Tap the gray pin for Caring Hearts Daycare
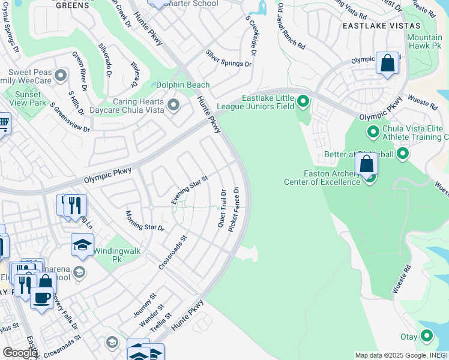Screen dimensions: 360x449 point(173,106)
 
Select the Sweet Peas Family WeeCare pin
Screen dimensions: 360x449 point(60,76)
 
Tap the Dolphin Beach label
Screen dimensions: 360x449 point(183,85)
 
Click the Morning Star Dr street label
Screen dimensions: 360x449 point(144,220)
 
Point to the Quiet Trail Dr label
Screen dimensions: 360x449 point(221,208)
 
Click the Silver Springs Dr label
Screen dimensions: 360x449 point(228,59)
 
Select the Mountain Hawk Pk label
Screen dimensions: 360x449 point(424,41)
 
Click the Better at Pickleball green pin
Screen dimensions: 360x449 point(403,155)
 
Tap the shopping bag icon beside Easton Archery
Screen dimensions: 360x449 point(366,164)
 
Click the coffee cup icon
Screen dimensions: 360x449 point(41,298)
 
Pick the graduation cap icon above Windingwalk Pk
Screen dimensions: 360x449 point(82,244)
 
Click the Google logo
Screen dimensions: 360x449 point(20,353)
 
